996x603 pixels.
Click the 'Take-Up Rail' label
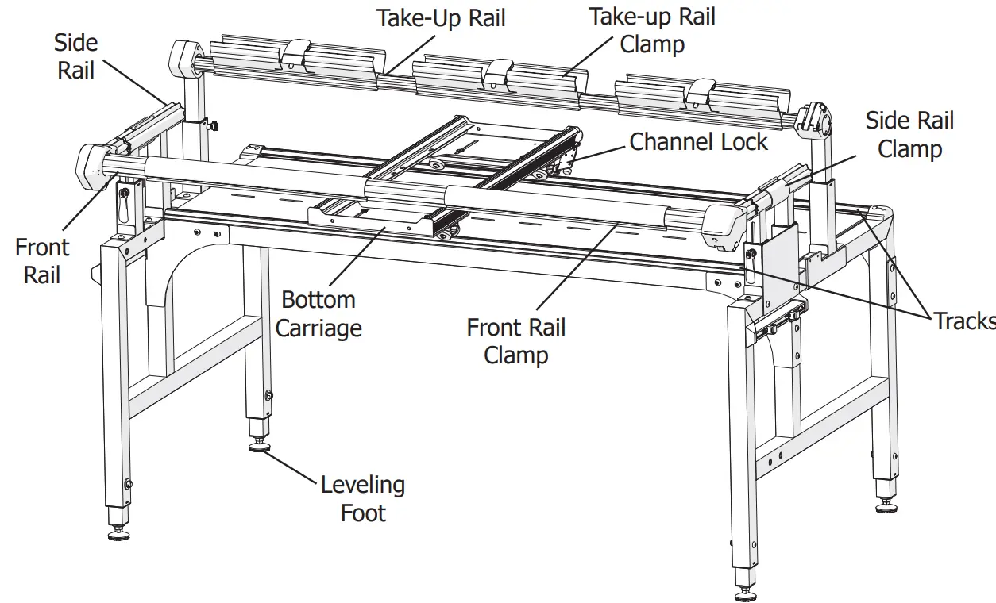[441, 17]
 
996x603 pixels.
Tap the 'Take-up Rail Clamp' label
[652, 29]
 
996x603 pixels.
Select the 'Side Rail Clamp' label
[909, 134]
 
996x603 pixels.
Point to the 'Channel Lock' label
[698, 142]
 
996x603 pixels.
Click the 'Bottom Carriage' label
[318, 313]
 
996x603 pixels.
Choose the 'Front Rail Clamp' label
[515, 340]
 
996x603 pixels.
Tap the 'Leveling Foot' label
[363, 498]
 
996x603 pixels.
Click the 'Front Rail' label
[42, 261]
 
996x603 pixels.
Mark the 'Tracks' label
[963, 321]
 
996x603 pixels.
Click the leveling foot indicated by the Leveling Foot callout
[259, 447]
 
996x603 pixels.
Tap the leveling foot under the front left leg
[118, 535]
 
